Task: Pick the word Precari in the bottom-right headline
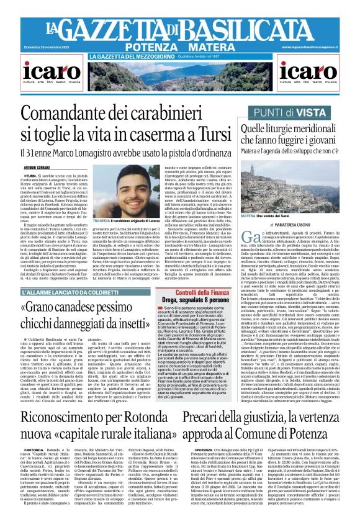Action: point(187,415)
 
